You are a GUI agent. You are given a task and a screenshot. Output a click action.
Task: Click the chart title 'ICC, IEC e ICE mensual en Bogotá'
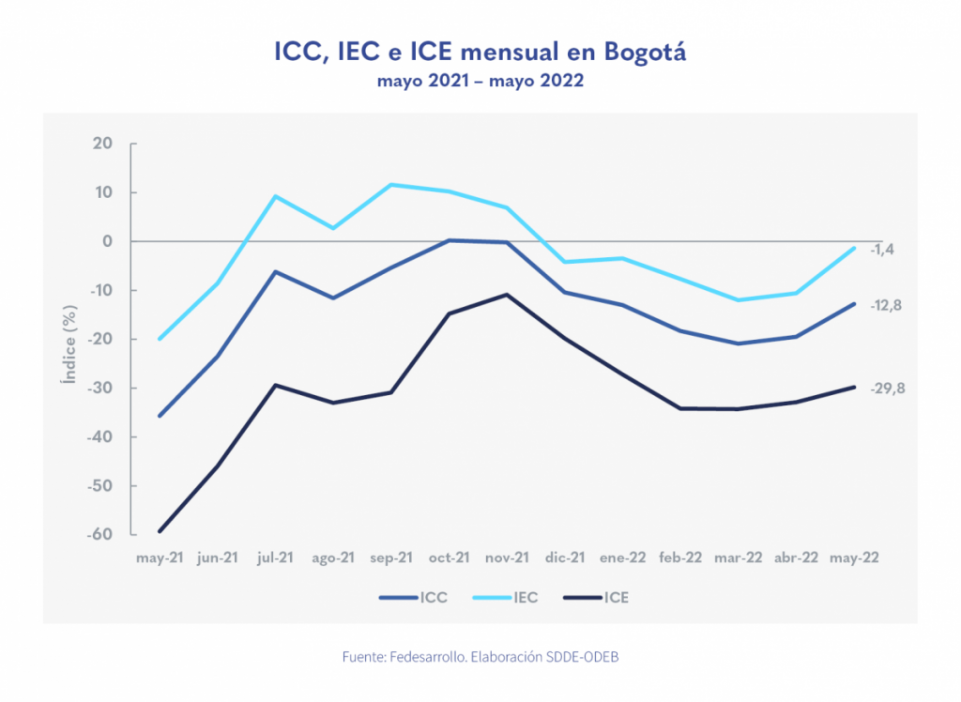coord(480,52)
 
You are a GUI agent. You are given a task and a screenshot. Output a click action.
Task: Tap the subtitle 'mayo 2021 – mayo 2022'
coord(480,82)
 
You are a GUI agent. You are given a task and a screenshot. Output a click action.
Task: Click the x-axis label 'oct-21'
coord(450,557)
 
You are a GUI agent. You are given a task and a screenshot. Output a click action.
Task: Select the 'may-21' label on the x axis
coord(160,557)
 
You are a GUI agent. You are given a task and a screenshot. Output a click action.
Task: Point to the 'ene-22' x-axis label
coord(623,557)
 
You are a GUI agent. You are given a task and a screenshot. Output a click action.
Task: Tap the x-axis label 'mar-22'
coord(739,557)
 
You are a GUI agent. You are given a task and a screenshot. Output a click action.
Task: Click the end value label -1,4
coord(882,250)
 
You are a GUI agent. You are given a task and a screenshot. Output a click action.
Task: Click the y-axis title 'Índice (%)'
coord(68,339)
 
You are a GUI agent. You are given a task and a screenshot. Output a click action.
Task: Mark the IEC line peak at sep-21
coord(391,185)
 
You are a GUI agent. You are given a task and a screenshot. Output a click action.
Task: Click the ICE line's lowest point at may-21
coord(160,531)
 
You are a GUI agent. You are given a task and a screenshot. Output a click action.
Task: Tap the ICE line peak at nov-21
coord(507,295)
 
